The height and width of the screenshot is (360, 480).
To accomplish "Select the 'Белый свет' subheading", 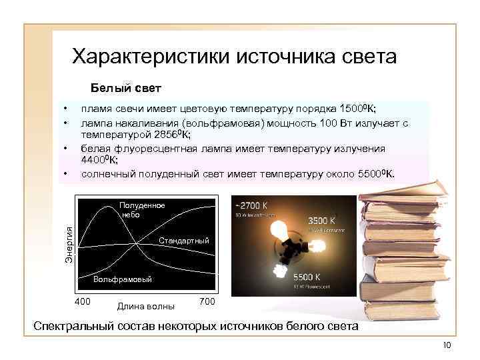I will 126,88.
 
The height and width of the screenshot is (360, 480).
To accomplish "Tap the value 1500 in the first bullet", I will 351,109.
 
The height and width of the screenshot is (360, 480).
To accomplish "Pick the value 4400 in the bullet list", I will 94,160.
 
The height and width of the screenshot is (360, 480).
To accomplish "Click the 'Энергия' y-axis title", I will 69,243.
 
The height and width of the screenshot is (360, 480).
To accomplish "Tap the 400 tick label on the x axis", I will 83,302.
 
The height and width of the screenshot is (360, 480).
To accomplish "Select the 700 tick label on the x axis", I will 207,302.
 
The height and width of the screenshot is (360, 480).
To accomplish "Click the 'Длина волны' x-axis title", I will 145,307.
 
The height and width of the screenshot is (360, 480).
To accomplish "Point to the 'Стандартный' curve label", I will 184,240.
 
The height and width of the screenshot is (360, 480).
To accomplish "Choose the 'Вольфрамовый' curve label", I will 123,279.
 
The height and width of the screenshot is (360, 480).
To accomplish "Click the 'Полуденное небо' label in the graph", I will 142,209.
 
